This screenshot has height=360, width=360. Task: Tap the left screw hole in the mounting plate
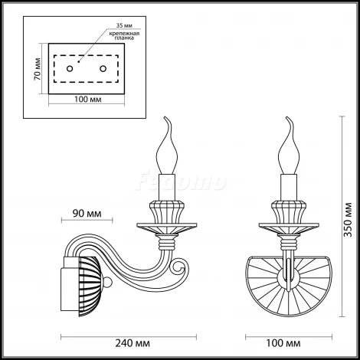70,69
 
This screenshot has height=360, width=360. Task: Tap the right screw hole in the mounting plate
103,69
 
